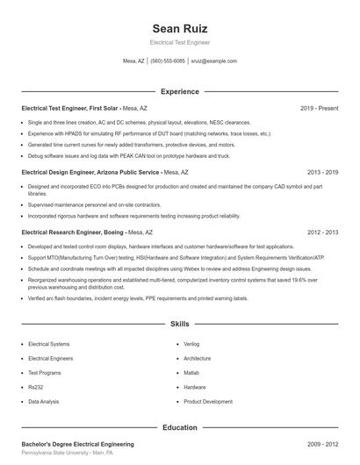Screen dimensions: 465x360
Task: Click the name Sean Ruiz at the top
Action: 180,28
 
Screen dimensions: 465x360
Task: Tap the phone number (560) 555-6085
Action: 168,61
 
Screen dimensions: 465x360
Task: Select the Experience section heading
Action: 180,91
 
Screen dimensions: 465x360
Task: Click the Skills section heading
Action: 180,324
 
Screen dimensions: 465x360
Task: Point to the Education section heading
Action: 180,427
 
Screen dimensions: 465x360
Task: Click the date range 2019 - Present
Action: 319,108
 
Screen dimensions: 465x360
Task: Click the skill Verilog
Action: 192,345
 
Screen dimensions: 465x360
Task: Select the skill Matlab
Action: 191,373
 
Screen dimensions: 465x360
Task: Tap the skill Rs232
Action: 36,387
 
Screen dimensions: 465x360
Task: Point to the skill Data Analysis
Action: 44,401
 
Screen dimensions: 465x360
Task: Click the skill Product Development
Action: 208,401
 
